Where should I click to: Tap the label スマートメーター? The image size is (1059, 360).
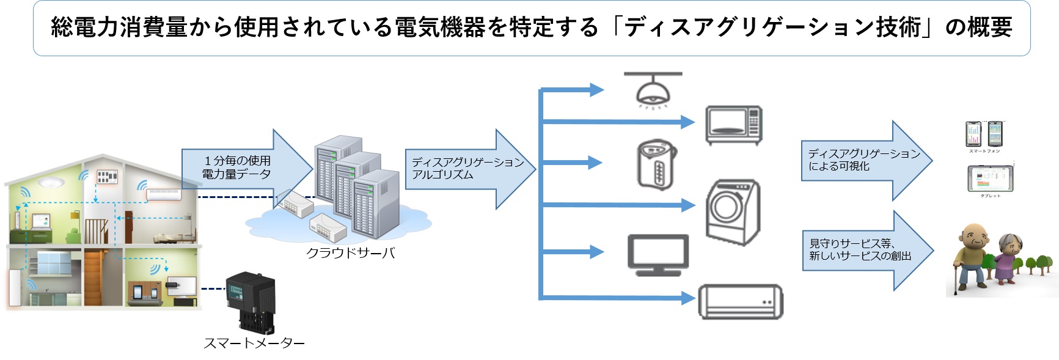tap(254, 343)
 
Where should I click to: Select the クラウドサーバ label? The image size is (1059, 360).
tap(350, 252)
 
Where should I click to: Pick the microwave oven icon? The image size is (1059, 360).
tap(733, 125)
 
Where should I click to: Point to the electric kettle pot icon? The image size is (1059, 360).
tap(656, 164)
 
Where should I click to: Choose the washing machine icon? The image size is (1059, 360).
tap(733, 212)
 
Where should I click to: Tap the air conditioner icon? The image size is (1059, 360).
tap(740, 301)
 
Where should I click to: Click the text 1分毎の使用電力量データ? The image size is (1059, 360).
tap(237, 167)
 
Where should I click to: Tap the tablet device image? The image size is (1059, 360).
tap(990, 179)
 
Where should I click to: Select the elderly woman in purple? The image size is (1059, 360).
tap(1007, 259)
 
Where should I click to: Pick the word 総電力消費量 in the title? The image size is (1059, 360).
tap(119, 28)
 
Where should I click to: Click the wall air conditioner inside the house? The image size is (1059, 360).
tap(164, 194)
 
